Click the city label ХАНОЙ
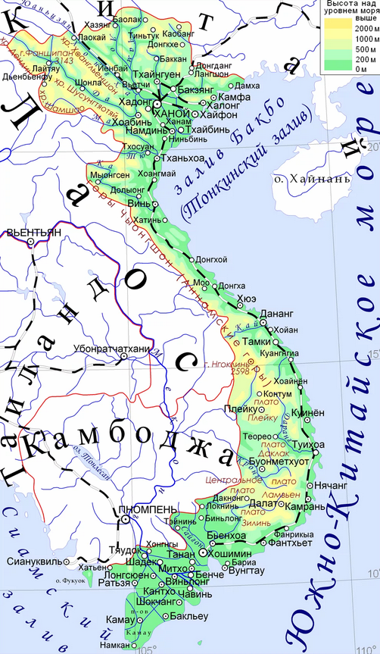click(x=173, y=113)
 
